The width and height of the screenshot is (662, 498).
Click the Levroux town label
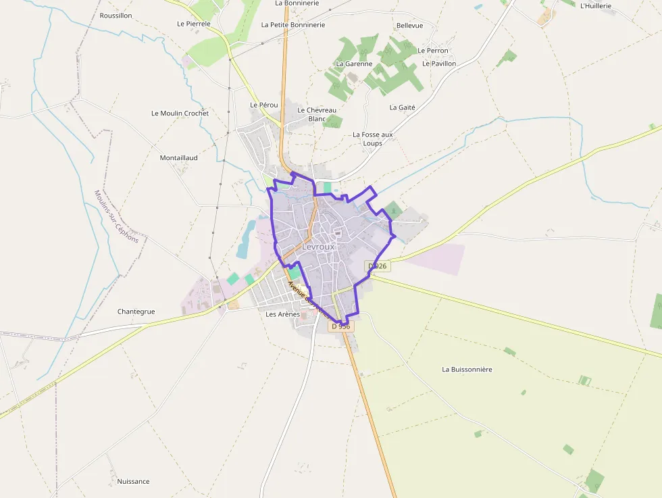tap(318, 247)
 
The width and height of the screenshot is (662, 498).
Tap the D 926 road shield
tap(378, 266)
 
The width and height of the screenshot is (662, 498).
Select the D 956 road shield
tap(342, 326)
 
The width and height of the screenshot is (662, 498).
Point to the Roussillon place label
tap(116, 15)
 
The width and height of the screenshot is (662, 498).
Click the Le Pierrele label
tap(194, 24)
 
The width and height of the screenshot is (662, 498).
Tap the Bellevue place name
tap(410, 26)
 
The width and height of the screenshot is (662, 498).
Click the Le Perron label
tap(433, 51)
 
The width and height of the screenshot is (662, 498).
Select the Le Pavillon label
tap(439, 64)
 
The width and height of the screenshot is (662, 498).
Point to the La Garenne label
tap(354, 64)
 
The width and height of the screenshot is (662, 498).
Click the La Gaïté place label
tap(402, 107)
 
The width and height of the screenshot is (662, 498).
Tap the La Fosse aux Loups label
tap(372, 139)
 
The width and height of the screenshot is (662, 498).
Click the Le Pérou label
tap(264, 105)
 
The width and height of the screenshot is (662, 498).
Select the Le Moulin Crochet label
tap(180, 113)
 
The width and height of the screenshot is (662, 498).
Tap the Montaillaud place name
tap(178, 157)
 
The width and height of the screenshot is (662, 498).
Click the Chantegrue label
tap(136, 312)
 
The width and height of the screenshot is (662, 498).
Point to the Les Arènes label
tap(282, 314)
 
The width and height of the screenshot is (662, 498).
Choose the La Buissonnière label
tap(467, 370)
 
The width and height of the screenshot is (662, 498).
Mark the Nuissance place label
tap(133, 481)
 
